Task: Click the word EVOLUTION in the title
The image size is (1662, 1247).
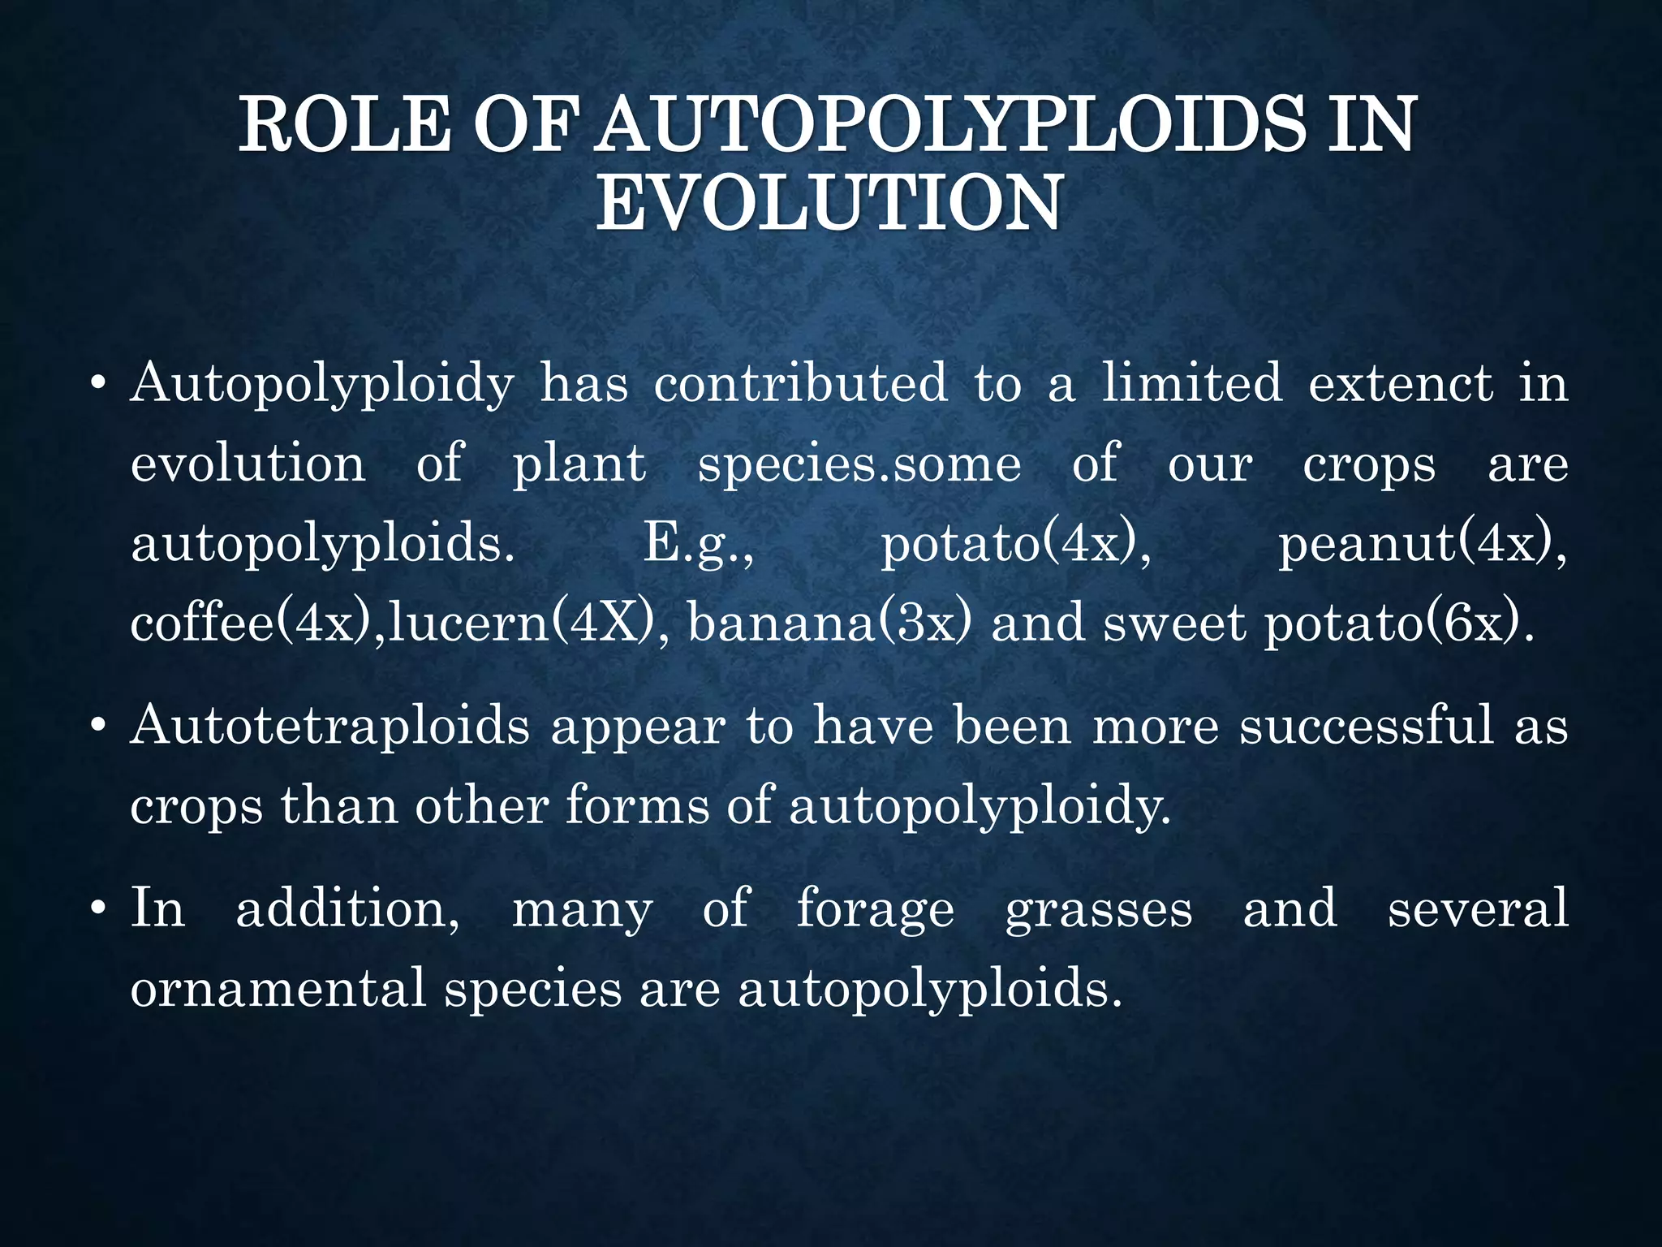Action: (x=829, y=203)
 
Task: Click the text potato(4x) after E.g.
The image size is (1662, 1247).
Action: (x=1015, y=545)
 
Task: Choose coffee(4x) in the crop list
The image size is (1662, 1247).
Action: (x=253, y=623)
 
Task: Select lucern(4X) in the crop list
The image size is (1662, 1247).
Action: (x=520, y=623)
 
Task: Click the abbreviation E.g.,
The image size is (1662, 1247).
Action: (x=699, y=545)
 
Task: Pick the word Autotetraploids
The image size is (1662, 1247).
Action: (x=329, y=725)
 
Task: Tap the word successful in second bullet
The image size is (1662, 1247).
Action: (x=1367, y=725)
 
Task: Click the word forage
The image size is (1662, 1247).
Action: (x=875, y=908)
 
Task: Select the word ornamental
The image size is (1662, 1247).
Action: (x=278, y=988)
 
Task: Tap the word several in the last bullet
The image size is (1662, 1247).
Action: (x=1478, y=908)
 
